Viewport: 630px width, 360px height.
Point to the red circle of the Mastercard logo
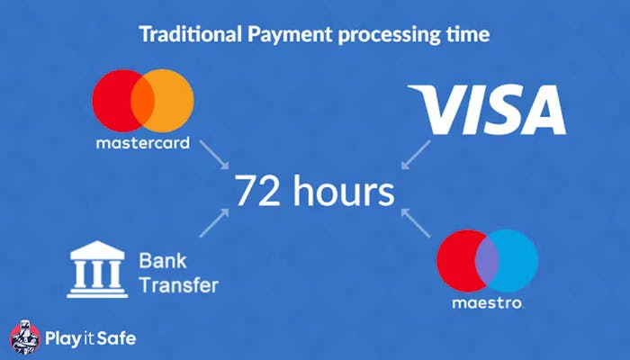point(113,102)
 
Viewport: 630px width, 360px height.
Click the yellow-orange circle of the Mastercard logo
point(171,102)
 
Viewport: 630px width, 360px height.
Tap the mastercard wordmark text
point(142,143)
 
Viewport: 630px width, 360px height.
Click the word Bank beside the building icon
point(158,262)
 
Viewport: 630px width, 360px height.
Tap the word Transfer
point(178,286)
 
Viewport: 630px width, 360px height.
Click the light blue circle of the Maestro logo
point(517,258)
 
